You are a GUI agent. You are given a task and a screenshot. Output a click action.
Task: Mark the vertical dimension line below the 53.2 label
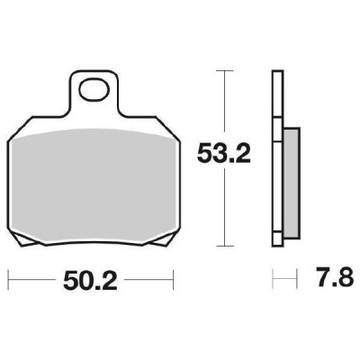222,211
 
